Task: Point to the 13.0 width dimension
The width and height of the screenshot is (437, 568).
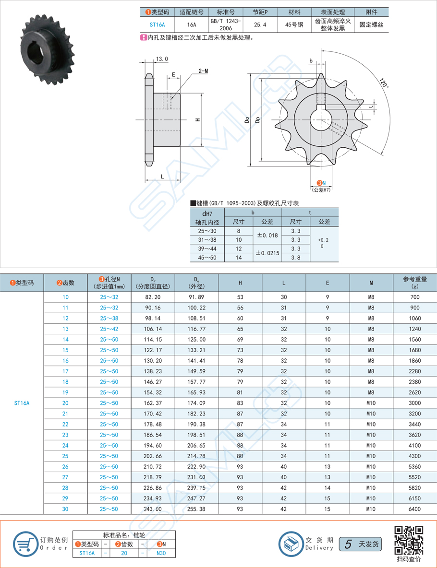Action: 162,59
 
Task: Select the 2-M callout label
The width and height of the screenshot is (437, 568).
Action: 203,71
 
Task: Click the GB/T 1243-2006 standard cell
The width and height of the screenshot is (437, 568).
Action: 226,25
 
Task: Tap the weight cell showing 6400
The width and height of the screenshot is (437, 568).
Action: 414,509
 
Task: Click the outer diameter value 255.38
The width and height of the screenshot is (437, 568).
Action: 196,509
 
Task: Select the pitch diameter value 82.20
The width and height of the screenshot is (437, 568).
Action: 152,297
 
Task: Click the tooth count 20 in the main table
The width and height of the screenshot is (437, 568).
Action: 65,403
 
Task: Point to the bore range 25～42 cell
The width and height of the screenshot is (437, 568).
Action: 109,329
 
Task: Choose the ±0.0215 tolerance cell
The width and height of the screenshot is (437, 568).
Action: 267,252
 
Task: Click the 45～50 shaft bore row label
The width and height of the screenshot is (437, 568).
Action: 207,257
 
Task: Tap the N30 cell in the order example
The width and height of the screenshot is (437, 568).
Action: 161,553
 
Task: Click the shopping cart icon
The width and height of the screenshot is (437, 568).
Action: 24,544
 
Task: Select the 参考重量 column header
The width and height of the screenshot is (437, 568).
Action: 414,283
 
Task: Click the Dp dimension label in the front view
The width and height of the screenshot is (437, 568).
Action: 258,120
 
